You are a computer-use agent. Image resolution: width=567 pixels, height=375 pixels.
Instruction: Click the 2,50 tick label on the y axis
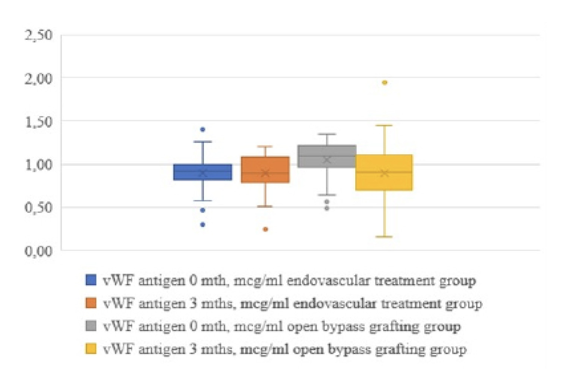(x=38, y=35)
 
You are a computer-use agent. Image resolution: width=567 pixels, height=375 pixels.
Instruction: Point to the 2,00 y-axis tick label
(x=38, y=79)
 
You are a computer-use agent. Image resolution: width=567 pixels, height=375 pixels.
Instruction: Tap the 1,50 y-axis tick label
(x=38, y=121)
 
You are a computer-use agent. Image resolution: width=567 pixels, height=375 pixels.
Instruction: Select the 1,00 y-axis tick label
(x=38, y=164)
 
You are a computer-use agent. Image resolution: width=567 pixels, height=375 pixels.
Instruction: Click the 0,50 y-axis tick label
(x=38, y=207)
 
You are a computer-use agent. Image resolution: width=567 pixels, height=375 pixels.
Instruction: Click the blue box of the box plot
(x=203, y=172)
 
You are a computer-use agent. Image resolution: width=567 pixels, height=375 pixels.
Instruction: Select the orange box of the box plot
(x=265, y=169)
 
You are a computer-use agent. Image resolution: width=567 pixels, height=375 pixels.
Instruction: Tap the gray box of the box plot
(x=327, y=156)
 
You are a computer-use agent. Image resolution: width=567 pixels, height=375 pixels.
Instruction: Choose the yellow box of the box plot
(x=384, y=172)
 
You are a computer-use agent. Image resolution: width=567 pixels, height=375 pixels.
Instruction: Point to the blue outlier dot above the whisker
(x=203, y=130)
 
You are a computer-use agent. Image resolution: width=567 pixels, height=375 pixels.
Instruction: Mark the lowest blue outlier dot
(x=203, y=225)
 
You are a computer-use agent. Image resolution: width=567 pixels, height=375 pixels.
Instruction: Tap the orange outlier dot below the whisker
(x=265, y=229)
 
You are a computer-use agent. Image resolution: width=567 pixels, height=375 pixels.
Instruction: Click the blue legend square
(x=91, y=280)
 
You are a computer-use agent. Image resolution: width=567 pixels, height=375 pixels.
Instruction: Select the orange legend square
(x=91, y=303)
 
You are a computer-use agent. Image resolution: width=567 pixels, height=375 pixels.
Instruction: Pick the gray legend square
(x=91, y=326)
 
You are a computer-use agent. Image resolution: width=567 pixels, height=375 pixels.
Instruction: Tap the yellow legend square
(x=91, y=349)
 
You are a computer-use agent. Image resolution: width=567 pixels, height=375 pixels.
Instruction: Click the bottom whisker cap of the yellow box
(x=384, y=236)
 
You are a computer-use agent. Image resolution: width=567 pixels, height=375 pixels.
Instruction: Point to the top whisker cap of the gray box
(x=327, y=134)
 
